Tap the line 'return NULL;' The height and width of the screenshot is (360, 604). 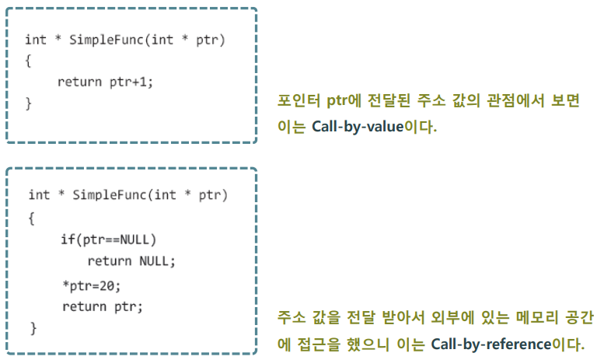point(131,261)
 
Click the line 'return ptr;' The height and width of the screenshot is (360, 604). point(103,306)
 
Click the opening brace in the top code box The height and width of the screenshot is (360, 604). point(28,61)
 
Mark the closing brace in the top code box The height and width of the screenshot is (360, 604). point(28,102)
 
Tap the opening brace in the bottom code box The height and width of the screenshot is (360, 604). point(32,217)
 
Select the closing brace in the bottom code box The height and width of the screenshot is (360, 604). point(33,328)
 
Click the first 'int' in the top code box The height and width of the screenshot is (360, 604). point(35,40)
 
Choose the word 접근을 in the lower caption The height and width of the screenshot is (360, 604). point(316,343)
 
